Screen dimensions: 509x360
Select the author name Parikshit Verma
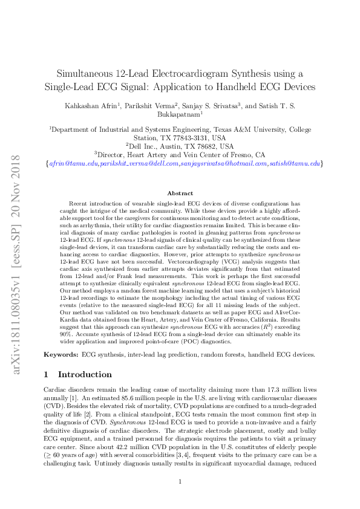pyautogui.click(x=150, y=105)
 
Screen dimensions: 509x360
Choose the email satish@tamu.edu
pyautogui.click(x=293, y=164)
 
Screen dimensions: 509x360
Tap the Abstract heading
pyautogui.click(x=180, y=193)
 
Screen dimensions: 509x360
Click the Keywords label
pyautogui.click(x=62, y=354)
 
